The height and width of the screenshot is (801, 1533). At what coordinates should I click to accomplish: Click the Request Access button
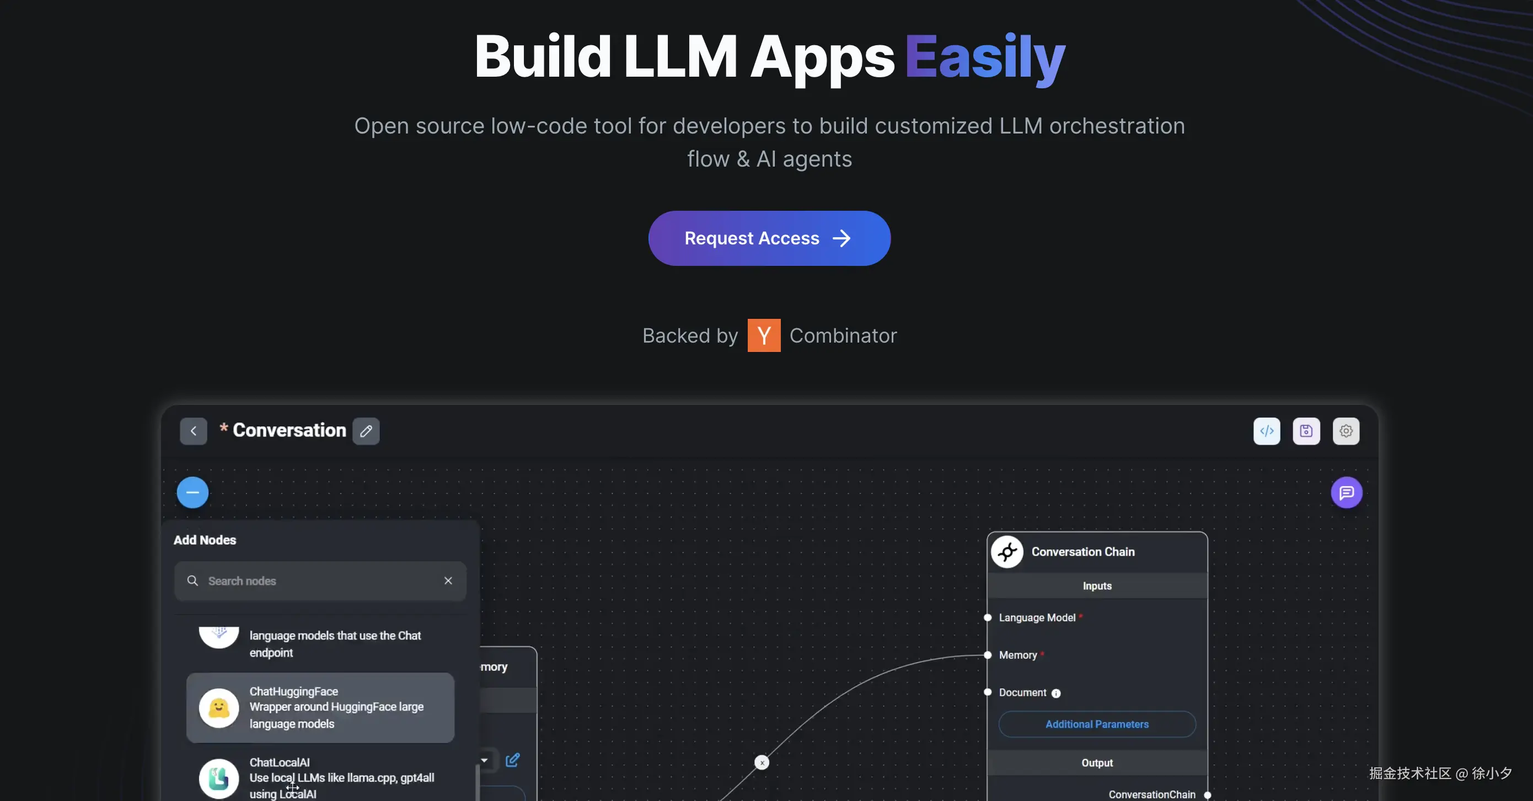(769, 238)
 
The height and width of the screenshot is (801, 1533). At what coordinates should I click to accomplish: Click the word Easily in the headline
(985, 57)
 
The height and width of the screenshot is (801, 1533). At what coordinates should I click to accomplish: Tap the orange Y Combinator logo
(764, 335)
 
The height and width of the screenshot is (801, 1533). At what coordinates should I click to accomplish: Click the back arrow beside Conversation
(194, 431)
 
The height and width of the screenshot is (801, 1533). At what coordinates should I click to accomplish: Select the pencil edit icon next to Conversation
(366, 431)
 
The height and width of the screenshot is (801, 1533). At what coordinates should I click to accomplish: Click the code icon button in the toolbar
(1267, 431)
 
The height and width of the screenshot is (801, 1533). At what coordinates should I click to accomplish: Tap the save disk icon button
(1306, 431)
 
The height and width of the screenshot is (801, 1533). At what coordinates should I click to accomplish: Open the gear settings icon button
(1346, 431)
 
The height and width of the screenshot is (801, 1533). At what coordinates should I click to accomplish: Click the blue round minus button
(192, 493)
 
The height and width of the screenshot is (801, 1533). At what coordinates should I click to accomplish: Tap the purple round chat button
(1346, 493)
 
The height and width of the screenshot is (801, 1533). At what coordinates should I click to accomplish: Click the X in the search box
(448, 581)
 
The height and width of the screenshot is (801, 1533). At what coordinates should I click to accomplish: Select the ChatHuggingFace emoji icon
(218, 708)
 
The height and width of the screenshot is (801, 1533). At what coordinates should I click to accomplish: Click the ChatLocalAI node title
(279, 762)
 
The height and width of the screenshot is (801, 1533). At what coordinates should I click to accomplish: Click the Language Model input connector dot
(987, 617)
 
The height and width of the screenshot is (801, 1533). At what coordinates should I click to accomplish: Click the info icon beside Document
(1055, 693)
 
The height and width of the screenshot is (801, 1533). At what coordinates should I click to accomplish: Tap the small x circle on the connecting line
(762, 762)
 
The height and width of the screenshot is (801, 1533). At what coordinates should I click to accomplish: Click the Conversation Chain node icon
(1007, 552)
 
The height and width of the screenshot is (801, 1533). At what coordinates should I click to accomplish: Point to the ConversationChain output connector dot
(1208, 795)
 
